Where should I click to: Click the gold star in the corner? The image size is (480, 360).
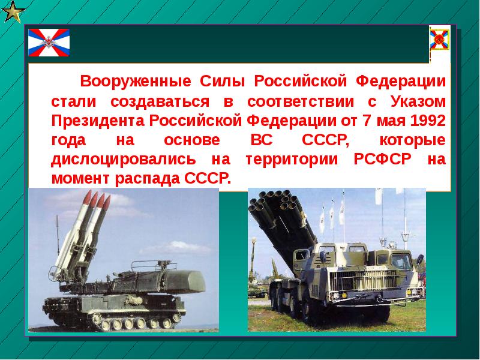tap(12, 11)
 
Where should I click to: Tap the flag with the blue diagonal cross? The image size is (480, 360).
tap(49, 42)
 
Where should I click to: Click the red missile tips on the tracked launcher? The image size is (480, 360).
tap(96, 200)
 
